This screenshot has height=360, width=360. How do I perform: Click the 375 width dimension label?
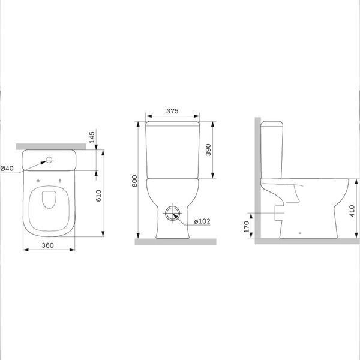click(172, 111)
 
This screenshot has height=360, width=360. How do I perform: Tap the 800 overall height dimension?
click(134, 181)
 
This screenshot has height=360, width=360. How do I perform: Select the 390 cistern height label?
click(208, 149)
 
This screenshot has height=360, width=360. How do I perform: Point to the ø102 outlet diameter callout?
click(202, 221)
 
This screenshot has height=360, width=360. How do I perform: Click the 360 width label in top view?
click(48, 245)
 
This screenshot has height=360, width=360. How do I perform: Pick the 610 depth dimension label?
click(98, 196)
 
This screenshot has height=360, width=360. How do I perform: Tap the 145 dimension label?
click(92, 137)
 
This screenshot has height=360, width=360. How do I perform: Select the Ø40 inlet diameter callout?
click(7, 168)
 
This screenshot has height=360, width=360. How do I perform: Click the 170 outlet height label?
click(247, 227)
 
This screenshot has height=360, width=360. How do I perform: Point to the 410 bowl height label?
click(352, 211)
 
